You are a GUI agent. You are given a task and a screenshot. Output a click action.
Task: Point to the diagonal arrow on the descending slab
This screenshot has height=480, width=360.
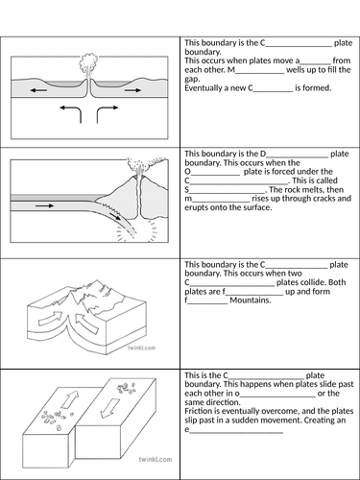[x=106, y=218]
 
